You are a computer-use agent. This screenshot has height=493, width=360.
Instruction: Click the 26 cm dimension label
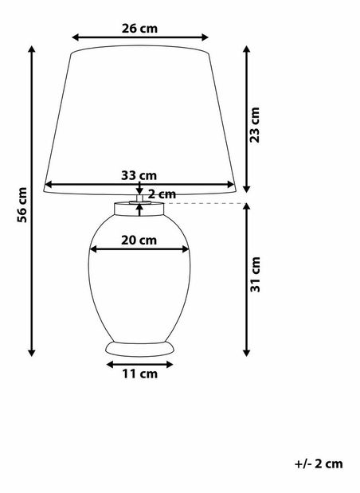point(139,28)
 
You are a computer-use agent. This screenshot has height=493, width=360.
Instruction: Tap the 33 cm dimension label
point(139,175)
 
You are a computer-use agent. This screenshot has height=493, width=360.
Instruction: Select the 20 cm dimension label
point(139,239)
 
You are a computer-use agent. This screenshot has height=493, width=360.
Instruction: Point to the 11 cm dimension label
point(139,372)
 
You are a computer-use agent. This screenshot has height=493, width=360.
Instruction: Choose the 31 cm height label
point(255,275)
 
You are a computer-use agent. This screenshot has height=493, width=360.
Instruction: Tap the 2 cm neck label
point(162,194)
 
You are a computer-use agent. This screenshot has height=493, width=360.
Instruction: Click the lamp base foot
point(139,349)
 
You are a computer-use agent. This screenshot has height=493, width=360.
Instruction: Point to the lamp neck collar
point(139,209)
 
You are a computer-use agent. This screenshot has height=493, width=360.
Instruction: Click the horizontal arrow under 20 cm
point(139,249)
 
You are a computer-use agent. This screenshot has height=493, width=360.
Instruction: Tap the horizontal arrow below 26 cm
point(139,37)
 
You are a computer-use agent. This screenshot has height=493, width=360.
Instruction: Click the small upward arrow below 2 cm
point(140,209)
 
